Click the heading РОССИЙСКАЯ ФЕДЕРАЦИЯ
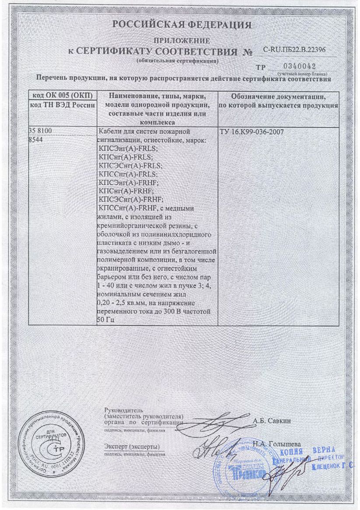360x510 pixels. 182,25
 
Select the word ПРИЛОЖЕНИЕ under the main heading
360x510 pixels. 182,41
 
